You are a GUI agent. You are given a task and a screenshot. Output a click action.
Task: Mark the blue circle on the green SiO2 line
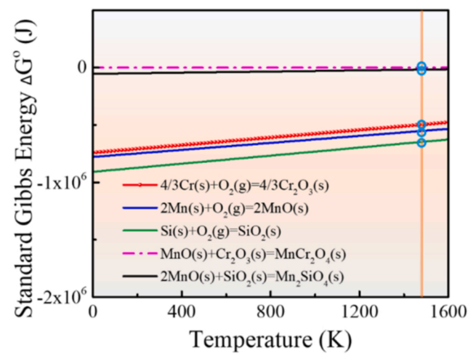click(x=421, y=142)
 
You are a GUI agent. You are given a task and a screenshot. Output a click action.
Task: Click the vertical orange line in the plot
click(x=421, y=219)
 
